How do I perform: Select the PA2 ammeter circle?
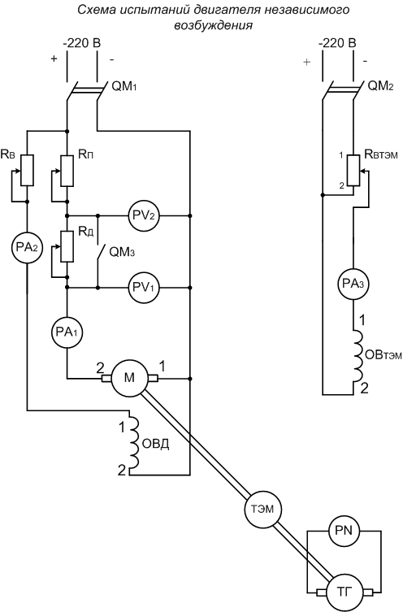coord(28,247)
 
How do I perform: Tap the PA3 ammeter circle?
coord(353,284)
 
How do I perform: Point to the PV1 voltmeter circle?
coord(145,288)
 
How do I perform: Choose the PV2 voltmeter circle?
coord(145,215)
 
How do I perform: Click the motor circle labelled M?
coord(129,378)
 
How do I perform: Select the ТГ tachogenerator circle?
coord(344,592)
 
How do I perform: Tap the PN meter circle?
coord(344,531)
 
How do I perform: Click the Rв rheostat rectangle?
coord(28,170)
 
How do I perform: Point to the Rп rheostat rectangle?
coord(67,171)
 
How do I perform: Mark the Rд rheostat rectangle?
coord(67,246)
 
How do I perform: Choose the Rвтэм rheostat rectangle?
coord(353,170)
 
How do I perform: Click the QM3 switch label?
coord(122,252)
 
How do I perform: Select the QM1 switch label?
coord(124,87)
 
